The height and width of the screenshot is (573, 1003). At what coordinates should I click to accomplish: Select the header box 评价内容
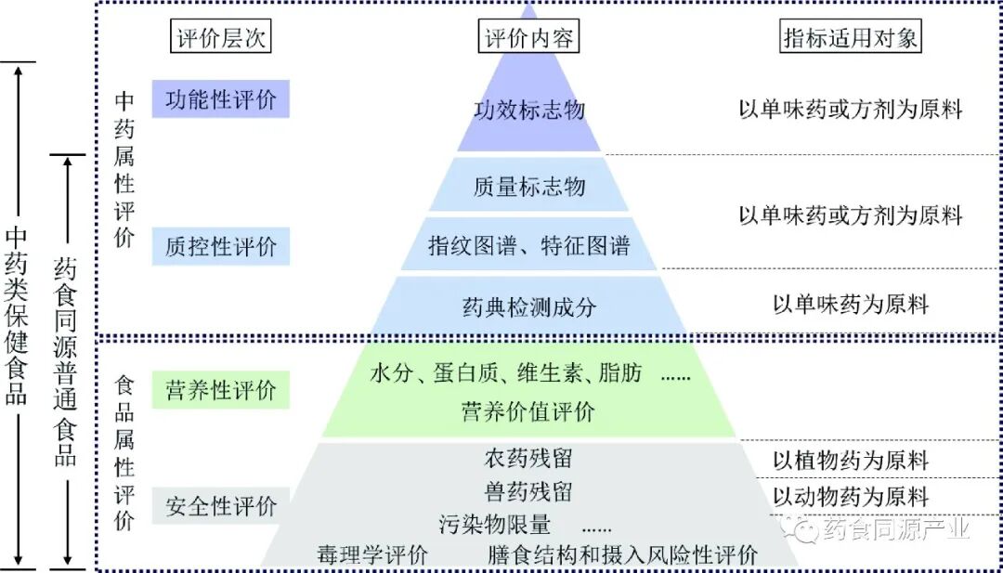(x=529, y=38)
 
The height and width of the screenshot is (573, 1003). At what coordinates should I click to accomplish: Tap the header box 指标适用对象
(x=851, y=38)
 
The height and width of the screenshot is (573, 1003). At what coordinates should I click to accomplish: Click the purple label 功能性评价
(x=221, y=99)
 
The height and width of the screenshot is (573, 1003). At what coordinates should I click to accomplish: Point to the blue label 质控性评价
(x=221, y=246)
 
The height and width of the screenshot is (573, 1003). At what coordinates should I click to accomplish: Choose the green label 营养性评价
(x=221, y=390)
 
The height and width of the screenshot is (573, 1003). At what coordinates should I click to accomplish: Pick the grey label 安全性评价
(x=221, y=506)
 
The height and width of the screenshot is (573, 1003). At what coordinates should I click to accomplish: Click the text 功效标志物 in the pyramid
(x=529, y=111)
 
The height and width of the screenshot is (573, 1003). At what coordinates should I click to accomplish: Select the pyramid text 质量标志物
(x=529, y=187)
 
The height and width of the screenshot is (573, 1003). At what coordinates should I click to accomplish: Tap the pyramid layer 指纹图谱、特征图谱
(x=528, y=245)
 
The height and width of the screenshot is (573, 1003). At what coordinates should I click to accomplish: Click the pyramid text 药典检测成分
(x=528, y=306)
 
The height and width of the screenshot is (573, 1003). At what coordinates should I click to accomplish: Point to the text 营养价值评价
(x=528, y=410)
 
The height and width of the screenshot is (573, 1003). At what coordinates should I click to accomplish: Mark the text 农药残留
(x=528, y=458)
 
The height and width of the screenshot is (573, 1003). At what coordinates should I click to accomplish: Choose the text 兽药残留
(x=528, y=490)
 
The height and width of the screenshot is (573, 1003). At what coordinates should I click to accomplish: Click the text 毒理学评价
(x=371, y=555)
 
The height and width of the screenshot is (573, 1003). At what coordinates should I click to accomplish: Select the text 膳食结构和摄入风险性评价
(x=623, y=555)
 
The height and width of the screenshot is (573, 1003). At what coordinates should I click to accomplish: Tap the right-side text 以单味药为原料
(x=851, y=304)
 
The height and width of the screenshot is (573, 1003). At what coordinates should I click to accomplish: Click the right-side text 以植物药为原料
(x=851, y=460)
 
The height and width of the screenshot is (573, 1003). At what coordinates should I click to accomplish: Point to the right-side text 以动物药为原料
(x=851, y=497)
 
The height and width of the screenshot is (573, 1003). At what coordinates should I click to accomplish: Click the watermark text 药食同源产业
(x=895, y=529)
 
